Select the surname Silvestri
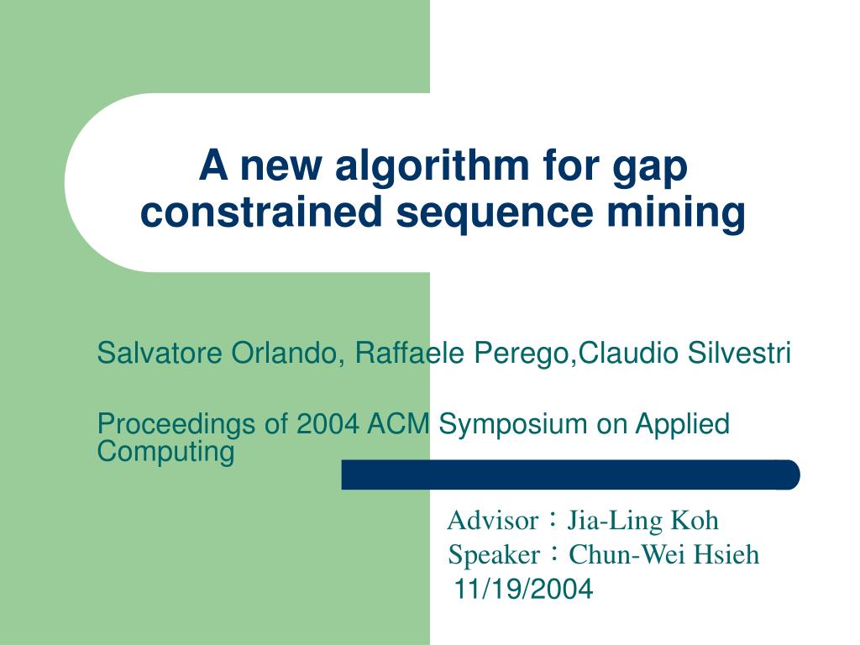point(739,354)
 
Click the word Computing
point(165,452)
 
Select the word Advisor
point(492,521)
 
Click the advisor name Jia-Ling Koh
point(642,521)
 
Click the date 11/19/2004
point(523,590)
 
